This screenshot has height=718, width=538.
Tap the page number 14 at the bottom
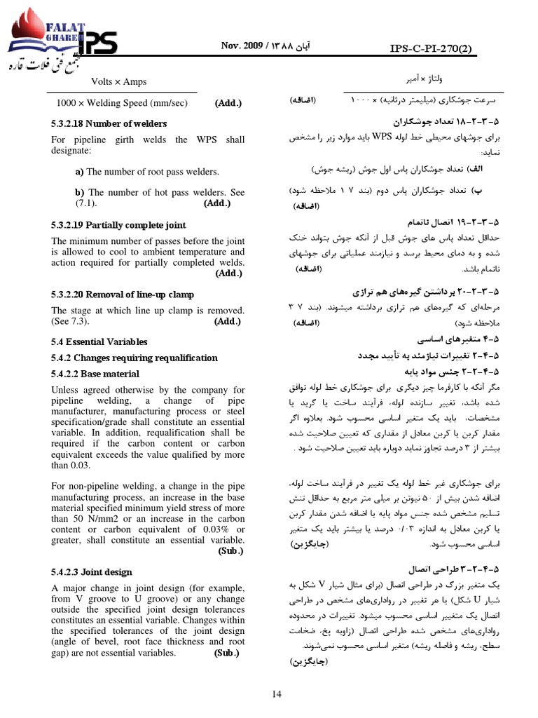[276, 693]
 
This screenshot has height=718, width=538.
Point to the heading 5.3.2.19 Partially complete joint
[118, 225]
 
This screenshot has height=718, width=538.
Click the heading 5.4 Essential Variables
[99, 342]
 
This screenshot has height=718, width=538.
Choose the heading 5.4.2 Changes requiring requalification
[134, 358]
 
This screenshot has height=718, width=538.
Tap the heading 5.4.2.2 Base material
[95, 374]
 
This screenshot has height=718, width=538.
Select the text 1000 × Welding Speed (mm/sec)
[122, 104]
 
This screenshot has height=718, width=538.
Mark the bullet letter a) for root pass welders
[79, 172]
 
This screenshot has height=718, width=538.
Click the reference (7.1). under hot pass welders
[87, 204]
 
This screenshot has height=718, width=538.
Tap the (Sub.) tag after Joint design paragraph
[226, 653]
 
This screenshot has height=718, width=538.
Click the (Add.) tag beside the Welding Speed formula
[228, 104]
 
